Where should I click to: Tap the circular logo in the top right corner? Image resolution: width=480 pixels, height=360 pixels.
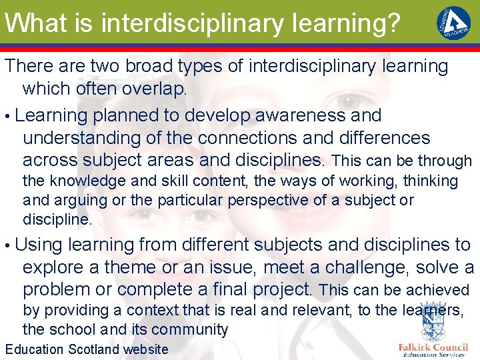click(x=453, y=23)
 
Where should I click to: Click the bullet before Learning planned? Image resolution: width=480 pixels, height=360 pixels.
click(x=7, y=116)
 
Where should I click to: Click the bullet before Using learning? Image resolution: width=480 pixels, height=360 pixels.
click(x=7, y=245)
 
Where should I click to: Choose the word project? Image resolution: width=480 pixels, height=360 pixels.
click(x=281, y=290)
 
